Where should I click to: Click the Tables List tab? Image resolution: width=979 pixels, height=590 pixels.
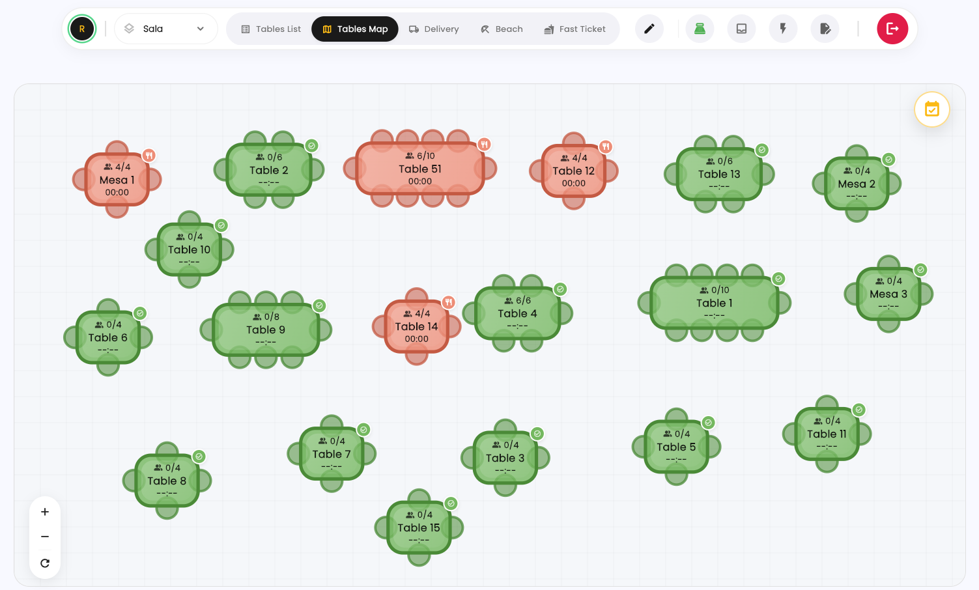[x=271, y=29]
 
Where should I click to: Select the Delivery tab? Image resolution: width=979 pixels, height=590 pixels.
[x=434, y=29]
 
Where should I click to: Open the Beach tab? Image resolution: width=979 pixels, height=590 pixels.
[x=502, y=29]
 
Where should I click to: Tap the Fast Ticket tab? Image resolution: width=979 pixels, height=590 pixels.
[x=575, y=29]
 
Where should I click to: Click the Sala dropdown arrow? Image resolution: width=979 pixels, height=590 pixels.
[x=200, y=29]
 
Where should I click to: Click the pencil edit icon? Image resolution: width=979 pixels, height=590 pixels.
[x=649, y=29]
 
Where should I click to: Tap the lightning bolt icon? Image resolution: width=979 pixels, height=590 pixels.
[x=783, y=29]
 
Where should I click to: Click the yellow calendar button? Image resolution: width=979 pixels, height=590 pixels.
[x=932, y=109]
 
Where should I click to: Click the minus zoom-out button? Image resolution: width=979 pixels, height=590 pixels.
[x=44, y=537]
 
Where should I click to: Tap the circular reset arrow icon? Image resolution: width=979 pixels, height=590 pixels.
[x=44, y=563]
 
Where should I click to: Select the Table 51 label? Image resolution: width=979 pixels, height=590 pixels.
[x=419, y=169]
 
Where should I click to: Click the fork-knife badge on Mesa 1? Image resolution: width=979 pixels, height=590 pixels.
[x=149, y=155]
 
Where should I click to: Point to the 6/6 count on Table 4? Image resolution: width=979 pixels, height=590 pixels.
[x=523, y=300]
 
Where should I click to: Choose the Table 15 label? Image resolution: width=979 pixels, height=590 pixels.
[x=419, y=527]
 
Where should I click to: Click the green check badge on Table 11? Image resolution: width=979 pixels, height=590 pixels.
[x=858, y=410]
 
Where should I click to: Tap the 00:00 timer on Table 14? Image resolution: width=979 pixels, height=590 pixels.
[x=416, y=339]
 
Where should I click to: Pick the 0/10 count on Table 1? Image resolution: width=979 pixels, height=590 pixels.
[x=720, y=290]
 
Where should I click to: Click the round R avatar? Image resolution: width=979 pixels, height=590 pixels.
[x=81, y=29]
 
